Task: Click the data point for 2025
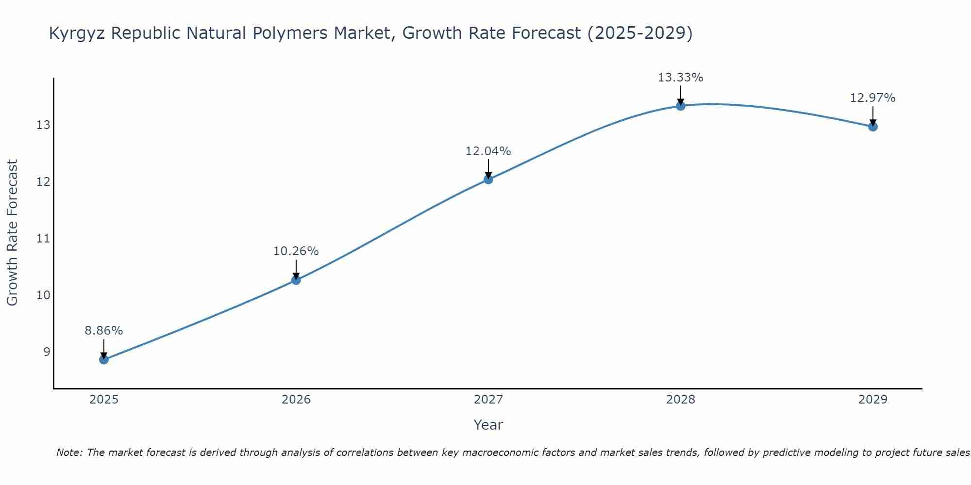pyautogui.click(x=104, y=359)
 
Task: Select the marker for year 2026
pyautogui.click(x=296, y=280)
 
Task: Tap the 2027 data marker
pyautogui.click(x=488, y=179)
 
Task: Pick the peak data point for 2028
pyautogui.click(x=681, y=106)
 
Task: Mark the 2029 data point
pyautogui.click(x=873, y=127)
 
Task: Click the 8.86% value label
pyautogui.click(x=104, y=331)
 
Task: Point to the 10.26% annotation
pyautogui.click(x=296, y=251)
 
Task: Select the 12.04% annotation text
pyautogui.click(x=488, y=151)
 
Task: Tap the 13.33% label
pyautogui.click(x=681, y=78)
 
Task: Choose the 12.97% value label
pyautogui.click(x=873, y=98)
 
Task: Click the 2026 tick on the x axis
pyautogui.click(x=296, y=400)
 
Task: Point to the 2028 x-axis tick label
pyautogui.click(x=681, y=400)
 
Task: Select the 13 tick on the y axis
pyautogui.click(x=43, y=125)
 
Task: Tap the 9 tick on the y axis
pyautogui.click(x=47, y=352)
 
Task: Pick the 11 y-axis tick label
pyautogui.click(x=43, y=238)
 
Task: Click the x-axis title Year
pyautogui.click(x=488, y=425)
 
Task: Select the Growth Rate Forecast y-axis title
pyautogui.click(x=12, y=233)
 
